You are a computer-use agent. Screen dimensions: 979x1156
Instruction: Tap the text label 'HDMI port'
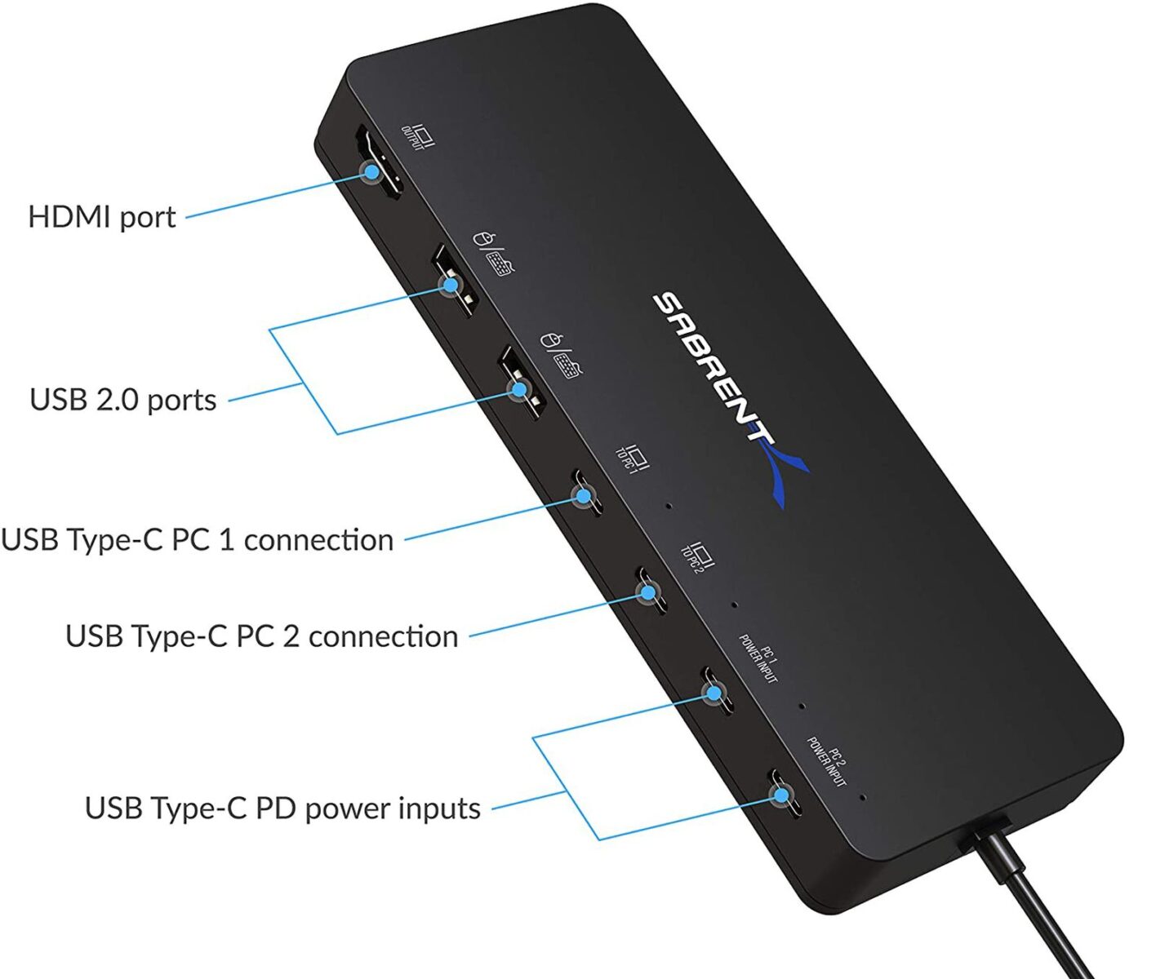(102, 217)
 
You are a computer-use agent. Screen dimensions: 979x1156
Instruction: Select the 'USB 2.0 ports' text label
(123, 400)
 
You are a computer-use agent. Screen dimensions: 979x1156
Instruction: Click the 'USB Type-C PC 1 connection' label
(198, 540)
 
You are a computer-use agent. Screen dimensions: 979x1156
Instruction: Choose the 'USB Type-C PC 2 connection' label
(262, 636)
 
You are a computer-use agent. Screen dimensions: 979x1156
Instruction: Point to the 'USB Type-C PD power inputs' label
(282, 808)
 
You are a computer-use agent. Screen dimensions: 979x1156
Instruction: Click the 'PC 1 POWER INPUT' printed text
(758, 658)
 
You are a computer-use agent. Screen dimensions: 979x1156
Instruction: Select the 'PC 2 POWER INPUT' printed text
(826, 761)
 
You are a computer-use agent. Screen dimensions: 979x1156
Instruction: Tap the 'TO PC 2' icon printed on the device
(696, 556)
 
